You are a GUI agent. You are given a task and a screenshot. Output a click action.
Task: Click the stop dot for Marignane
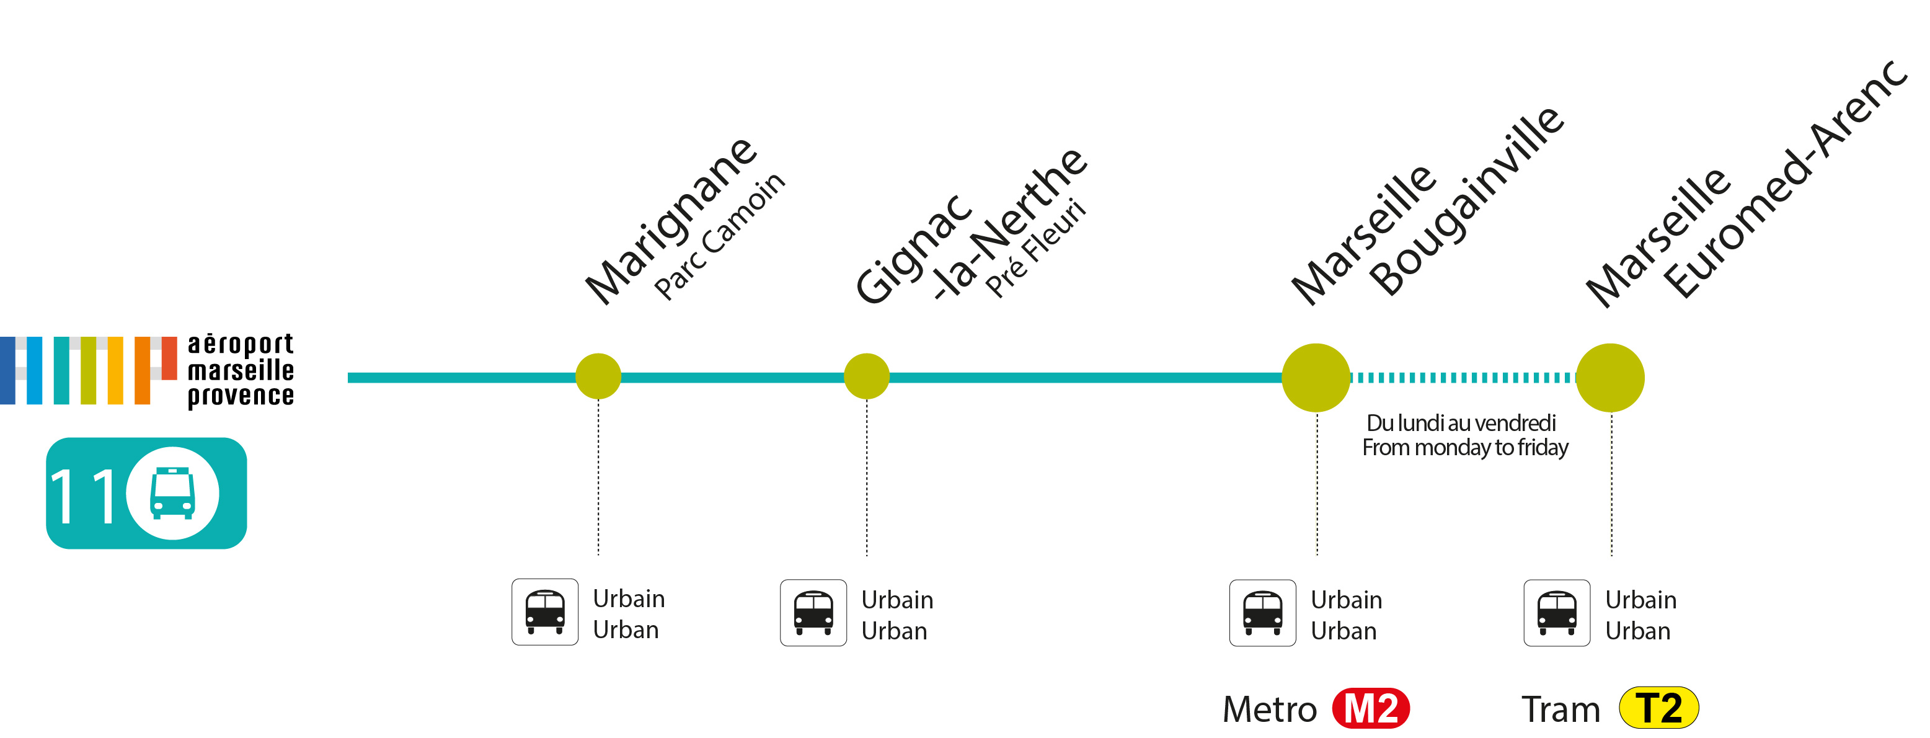[598, 376]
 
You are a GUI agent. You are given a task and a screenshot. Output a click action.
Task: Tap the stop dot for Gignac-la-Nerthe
[866, 376]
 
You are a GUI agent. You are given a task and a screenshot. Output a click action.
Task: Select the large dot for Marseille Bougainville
[1316, 378]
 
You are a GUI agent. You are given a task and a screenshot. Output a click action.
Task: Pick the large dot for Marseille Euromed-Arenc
[1609, 378]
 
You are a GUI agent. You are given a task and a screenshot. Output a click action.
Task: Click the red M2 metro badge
[1370, 708]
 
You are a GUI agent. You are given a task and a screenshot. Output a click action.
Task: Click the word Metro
[1269, 709]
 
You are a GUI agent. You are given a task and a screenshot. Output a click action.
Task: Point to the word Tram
[1560, 709]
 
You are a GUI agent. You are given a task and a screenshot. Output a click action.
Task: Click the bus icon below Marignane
[545, 612]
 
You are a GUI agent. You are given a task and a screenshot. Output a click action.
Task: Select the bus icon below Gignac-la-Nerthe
[813, 613]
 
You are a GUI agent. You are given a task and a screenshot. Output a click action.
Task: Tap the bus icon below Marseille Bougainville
[1262, 613]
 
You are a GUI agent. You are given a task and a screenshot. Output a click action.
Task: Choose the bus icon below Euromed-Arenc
[1556, 613]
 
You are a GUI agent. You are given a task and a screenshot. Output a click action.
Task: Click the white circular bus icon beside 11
[172, 493]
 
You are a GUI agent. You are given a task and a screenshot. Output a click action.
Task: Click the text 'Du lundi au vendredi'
[1461, 424]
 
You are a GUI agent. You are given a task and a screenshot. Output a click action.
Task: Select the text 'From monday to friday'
[1465, 448]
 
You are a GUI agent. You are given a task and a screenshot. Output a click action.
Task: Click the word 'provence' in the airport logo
[241, 396]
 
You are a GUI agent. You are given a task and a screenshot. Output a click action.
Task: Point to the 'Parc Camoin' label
[719, 236]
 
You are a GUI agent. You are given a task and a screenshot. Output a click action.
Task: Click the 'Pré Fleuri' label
[1035, 248]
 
